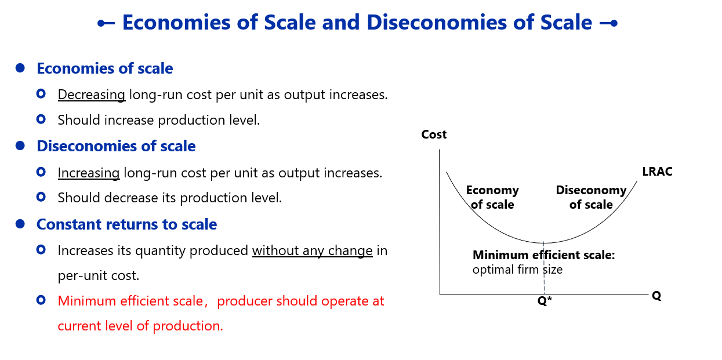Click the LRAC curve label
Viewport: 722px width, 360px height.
pos(657,172)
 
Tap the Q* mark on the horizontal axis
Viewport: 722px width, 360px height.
pos(545,301)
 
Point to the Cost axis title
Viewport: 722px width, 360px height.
pos(434,134)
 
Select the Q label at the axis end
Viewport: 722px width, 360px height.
pos(656,296)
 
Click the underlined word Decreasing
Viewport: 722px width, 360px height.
pos(92,94)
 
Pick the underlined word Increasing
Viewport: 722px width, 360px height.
pos(89,173)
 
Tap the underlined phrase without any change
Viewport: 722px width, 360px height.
pos(313,251)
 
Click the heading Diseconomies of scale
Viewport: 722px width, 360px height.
pos(116,146)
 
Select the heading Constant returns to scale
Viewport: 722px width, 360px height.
pos(126,224)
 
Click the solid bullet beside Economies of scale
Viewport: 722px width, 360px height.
pos(20,68)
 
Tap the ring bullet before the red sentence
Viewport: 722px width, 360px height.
pos(41,300)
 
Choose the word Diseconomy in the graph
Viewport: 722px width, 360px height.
pos(591,190)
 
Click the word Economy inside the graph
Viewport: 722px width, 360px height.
pos(492,190)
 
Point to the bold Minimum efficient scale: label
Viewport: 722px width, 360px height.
pos(544,255)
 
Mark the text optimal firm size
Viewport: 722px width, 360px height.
pos(517,270)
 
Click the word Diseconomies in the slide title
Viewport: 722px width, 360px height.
pos(437,23)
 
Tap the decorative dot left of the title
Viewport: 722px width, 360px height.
pos(101,23)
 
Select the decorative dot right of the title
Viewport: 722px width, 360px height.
pos(614,23)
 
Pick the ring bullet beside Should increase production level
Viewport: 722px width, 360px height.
pos(41,119)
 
